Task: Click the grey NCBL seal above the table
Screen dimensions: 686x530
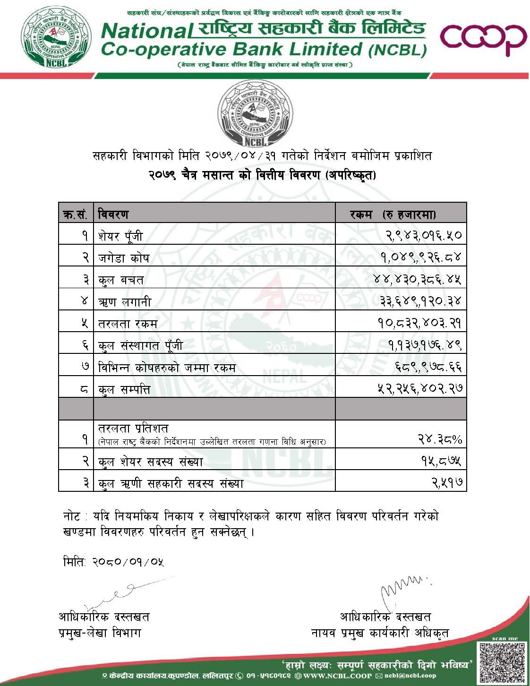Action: coord(255,114)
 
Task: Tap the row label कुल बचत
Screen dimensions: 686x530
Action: coord(121,279)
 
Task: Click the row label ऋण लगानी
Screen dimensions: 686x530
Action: coord(125,301)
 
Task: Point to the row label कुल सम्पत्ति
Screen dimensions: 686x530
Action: coord(124,390)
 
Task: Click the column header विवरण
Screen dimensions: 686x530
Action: coord(113,214)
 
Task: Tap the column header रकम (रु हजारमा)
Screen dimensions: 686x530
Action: coord(393,214)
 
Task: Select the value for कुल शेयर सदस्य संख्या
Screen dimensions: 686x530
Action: coord(441,460)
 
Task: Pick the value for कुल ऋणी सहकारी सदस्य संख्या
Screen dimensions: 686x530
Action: coord(446,482)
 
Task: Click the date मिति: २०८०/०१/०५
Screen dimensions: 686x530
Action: coord(113,562)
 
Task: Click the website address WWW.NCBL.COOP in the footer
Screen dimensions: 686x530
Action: coord(336,676)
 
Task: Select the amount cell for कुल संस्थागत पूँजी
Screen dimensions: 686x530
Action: coord(425,345)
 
